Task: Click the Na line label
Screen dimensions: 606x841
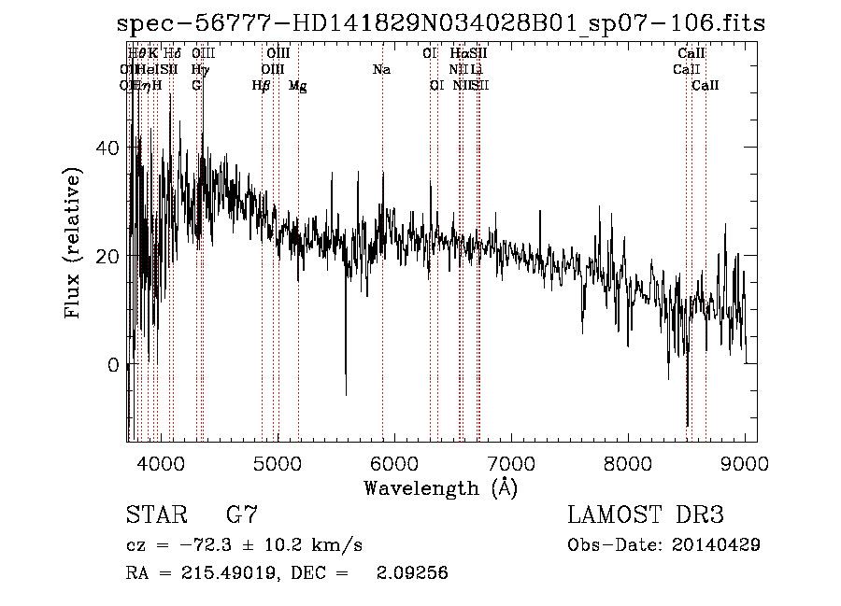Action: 381,69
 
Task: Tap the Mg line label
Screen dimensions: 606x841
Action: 297,86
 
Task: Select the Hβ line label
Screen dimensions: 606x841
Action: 262,86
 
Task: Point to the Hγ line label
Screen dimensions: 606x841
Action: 199,69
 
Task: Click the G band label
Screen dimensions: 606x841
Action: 196,86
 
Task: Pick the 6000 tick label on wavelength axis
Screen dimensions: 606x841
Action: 393,463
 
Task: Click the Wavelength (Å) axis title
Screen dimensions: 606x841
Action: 440,487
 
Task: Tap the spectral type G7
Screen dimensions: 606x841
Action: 242,514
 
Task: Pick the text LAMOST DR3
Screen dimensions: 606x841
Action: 646,514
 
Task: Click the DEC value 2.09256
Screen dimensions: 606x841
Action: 411,573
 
